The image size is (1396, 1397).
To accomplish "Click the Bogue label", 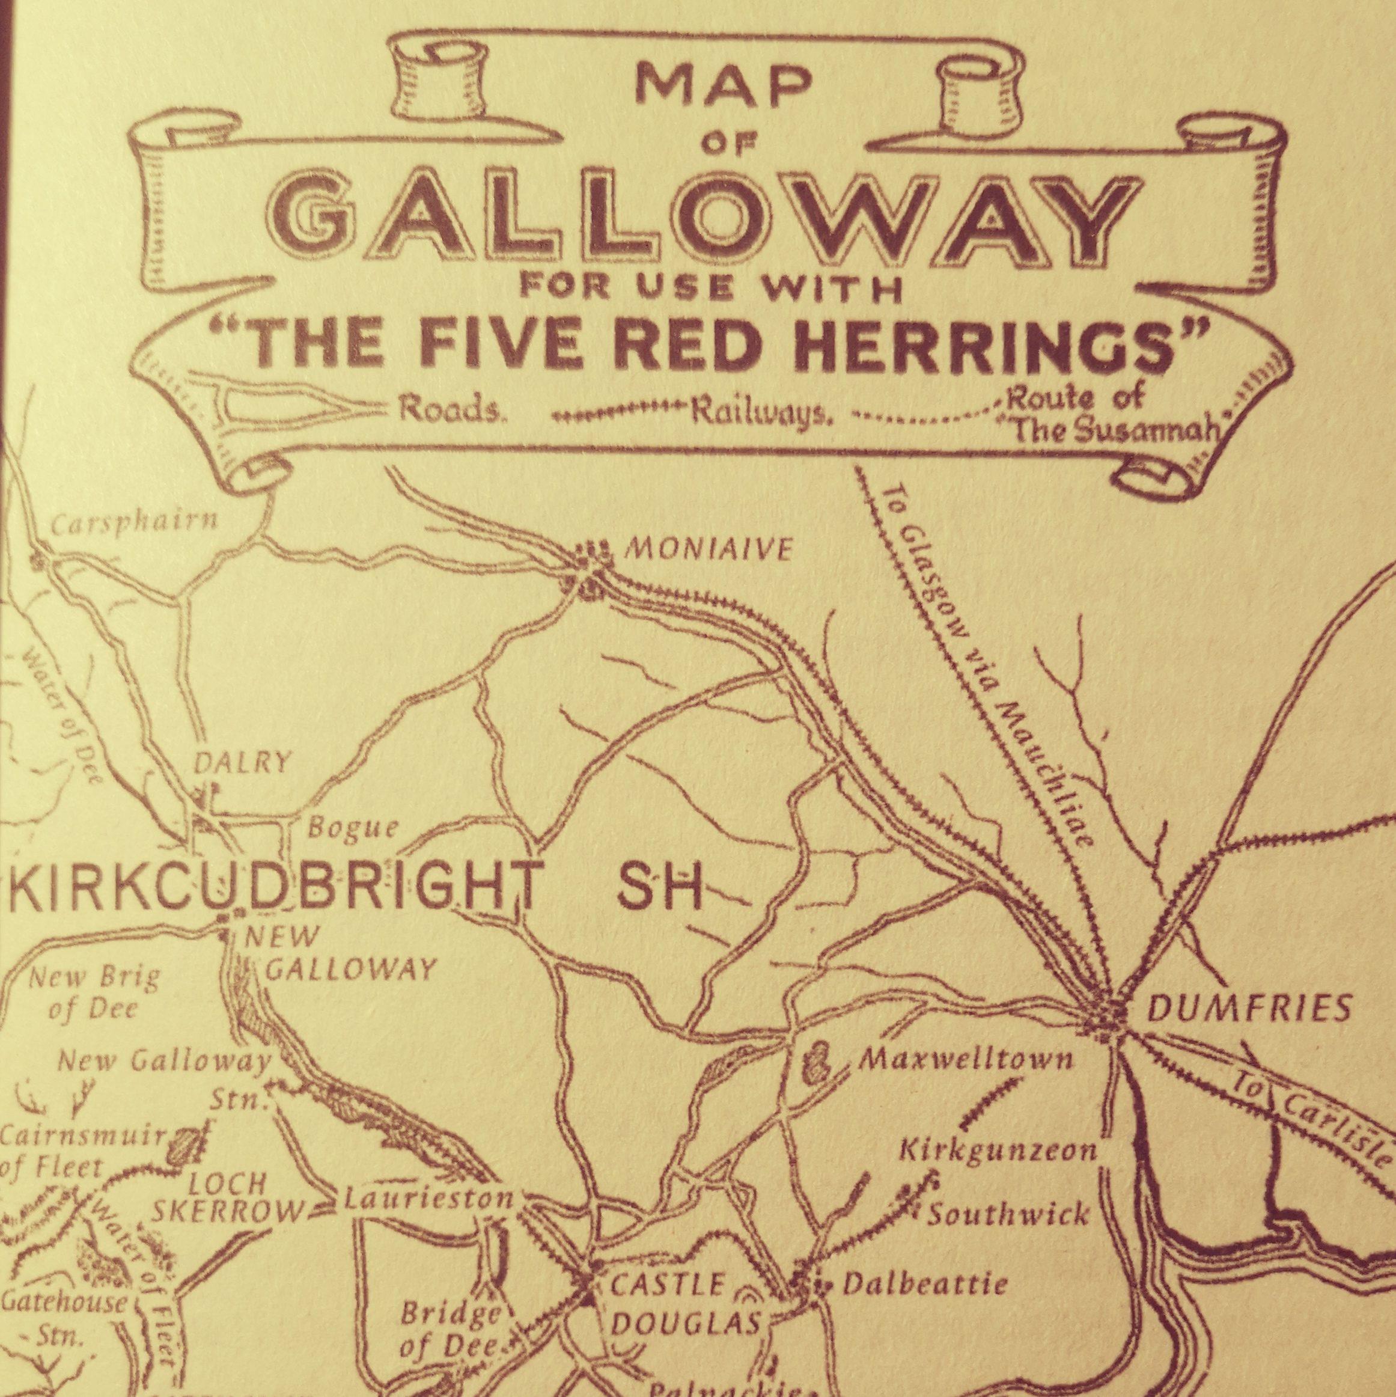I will pos(353,828).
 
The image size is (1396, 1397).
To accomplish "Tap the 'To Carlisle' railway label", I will pos(1310,1137).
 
